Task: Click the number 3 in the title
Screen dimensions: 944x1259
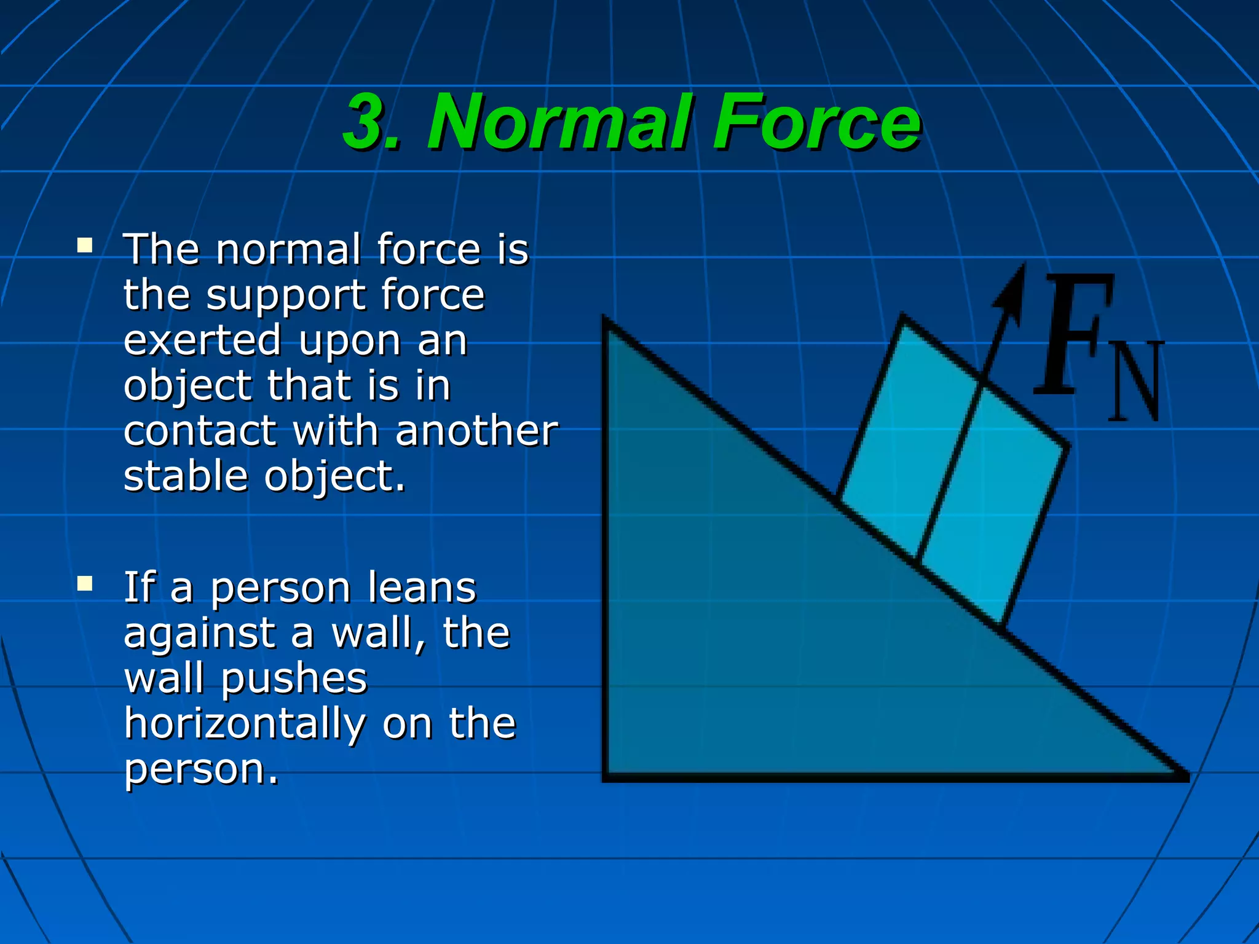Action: click(366, 123)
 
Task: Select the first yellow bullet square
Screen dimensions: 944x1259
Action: click(85, 246)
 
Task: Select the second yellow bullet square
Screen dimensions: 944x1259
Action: click(85, 583)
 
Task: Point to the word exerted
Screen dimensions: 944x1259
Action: click(202, 340)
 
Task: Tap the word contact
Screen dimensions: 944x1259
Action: click(200, 431)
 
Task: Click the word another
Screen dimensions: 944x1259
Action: click(476, 431)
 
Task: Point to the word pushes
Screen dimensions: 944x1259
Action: click(294, 678)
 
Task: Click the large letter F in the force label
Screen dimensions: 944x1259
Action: click(1073, 335)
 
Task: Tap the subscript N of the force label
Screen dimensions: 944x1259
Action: click(1136, 381)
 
